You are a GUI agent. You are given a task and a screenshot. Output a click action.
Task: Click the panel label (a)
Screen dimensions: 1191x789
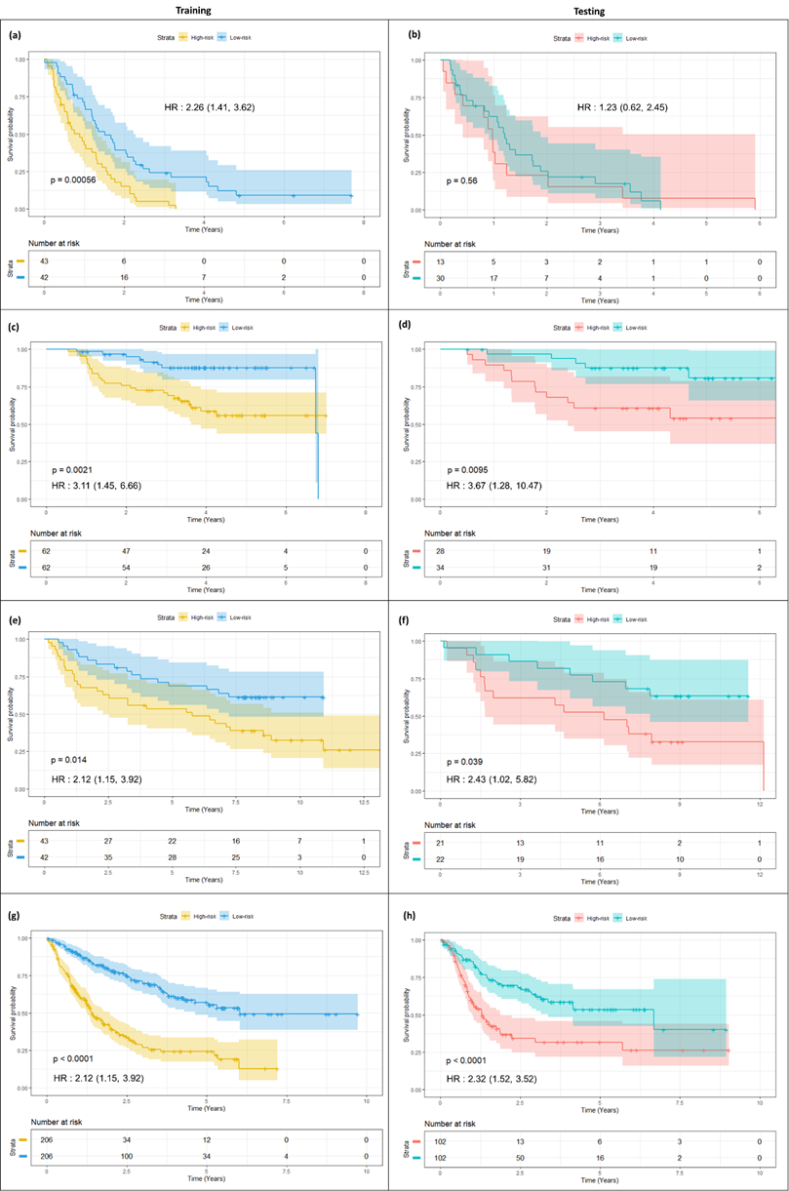[x=15, y=35]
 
